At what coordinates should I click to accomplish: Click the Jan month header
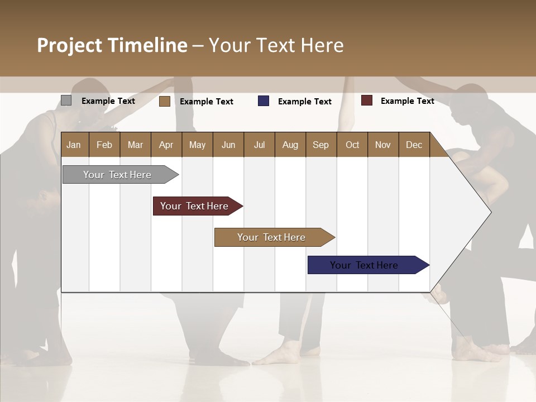(x=74, y=145)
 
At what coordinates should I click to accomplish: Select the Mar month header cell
(x=135, y=145)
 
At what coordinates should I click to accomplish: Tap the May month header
(x=197, y=145)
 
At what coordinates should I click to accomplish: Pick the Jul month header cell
(x=259, y=145)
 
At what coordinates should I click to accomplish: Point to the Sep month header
(x=320, y=145)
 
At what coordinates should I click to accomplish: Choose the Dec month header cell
(x=414, y=145)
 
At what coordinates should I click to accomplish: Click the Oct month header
(x=352, y=145)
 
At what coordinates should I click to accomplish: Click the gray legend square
(x=66, y=100)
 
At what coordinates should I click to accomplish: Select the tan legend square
(x=164, y=101)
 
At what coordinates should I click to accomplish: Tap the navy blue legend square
(x=264, y=100)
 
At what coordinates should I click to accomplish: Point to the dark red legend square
(x=366, y=100)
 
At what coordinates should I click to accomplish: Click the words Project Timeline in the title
(x=112, y=45)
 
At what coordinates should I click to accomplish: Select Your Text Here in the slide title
(x=276, y=45)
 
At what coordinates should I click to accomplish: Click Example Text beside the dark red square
(x=407, y=101)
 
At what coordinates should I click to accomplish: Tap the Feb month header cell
(x=104, y=145)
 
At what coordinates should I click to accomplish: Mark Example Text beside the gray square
(x=108, y=101)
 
